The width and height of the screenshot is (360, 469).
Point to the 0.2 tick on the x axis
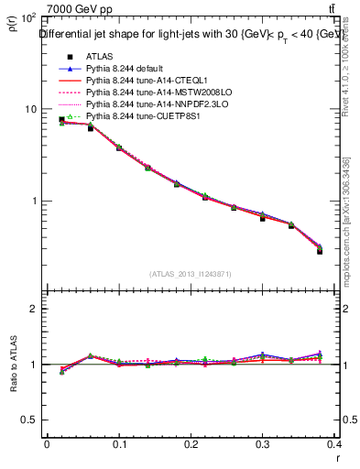tap(191, 444)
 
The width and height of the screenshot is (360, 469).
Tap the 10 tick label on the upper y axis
tap(29, 109)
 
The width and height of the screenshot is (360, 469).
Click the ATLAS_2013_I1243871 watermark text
tap(191, 274)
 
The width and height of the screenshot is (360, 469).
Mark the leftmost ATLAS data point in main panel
tap(61, 120)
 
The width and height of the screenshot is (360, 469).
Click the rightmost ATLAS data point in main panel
tap(320, 251)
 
